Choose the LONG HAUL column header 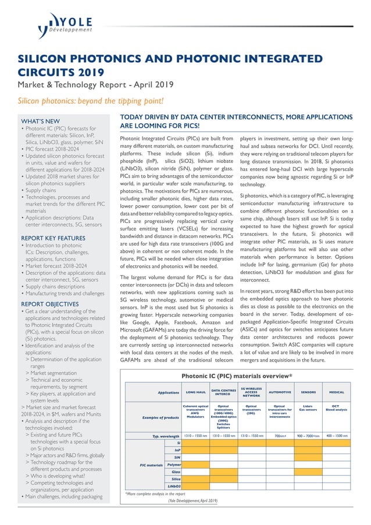pos(195,393)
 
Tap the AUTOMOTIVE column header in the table pos(280,393)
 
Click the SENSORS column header pos(308,393)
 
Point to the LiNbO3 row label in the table pos(173,485)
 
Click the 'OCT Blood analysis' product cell pos(336,408)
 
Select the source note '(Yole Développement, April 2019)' pos(192,501)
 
